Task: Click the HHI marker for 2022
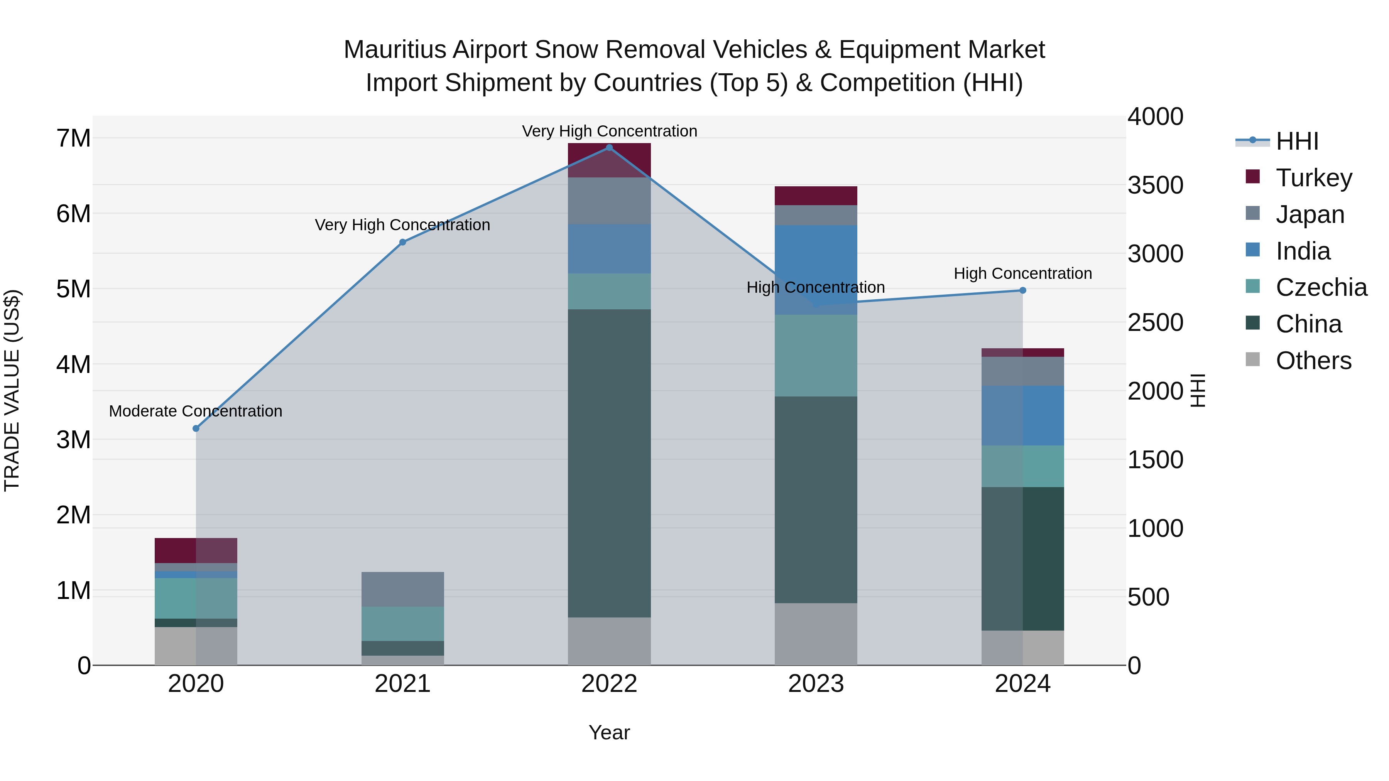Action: pos(609,148)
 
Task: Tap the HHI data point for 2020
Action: pos(196,428)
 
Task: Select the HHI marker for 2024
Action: pos(1022,290)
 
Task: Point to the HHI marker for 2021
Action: pos(402,243)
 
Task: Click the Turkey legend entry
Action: pos(1313,177)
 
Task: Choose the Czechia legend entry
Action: pos(1321,287)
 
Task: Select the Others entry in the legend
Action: pos(1313,361)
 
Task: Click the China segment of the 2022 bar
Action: pos(609,464)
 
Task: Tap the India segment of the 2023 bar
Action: pos(816,270)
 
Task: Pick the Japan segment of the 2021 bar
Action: pos(402,589)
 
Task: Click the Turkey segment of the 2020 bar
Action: pos(196,550)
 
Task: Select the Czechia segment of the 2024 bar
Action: pos(1022,466)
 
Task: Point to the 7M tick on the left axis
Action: pos(73,138)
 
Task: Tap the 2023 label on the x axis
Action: pos(816,684)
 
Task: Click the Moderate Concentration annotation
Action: pos(196,411)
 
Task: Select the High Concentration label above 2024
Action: pos(1022,273)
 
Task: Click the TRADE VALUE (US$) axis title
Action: pos(12,390)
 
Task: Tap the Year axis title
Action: pos(609,732)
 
